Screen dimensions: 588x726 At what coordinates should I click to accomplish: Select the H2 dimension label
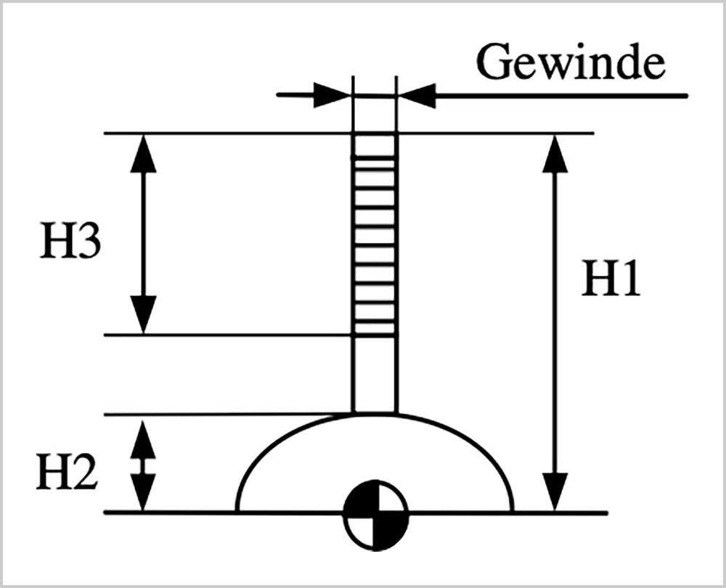coord(67,472)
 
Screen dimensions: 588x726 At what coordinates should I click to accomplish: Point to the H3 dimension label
coord(70,244)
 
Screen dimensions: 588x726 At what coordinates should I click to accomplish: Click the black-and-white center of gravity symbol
coord(375,513)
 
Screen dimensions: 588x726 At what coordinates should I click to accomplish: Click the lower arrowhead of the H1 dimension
coord(555,494)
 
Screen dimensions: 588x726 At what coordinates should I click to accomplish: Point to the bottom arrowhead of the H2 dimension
coord(143,494)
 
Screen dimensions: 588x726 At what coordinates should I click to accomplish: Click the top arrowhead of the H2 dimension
coord(143,433)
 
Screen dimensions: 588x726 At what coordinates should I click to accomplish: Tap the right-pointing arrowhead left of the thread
coord(333,95)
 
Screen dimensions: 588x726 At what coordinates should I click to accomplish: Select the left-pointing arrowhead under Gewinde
coord(417,95)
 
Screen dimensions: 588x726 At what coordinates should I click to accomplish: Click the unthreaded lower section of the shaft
coord(375,374)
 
